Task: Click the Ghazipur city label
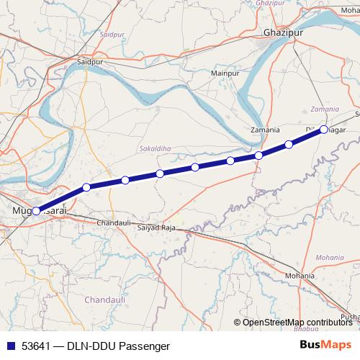[x=282, y=33]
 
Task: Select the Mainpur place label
[x=224, y=73]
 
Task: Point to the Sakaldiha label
[x=152, y=149]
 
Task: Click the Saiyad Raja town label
[x=157, y=227]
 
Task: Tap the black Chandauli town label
[x=112, y=224]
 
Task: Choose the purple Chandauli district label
[x=104, y=299]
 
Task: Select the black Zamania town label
[x=264, y=130]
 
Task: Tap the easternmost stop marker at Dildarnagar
[x=323, y=130]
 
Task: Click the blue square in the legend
[x=9, y=346]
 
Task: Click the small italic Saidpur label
[x=113, y=34]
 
